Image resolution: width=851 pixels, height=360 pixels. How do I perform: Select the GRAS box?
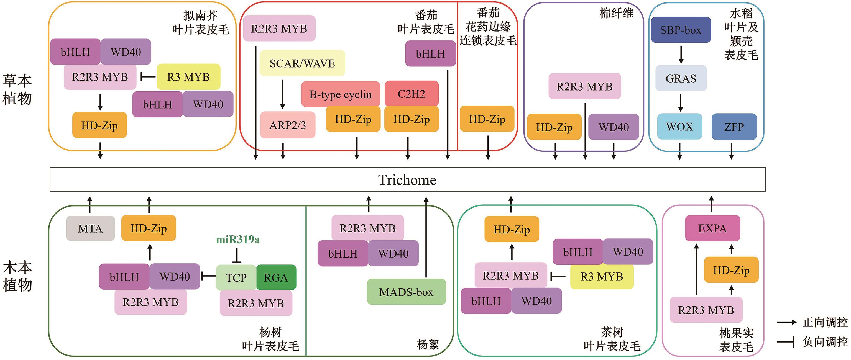click(681, 78)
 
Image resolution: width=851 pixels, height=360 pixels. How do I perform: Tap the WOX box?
click(679, 127)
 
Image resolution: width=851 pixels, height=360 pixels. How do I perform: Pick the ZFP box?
click(734, 127)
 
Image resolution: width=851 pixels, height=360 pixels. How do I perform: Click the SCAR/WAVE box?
click(302, 63)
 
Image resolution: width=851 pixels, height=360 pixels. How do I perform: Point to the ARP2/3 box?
click(287, 125)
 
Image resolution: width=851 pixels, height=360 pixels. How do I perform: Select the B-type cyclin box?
click(340, 94)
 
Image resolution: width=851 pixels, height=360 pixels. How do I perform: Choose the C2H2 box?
click(411, 94)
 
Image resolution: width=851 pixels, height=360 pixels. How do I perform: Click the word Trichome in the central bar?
click(407, 180)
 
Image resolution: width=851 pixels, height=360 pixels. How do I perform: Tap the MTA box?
click(90, 228)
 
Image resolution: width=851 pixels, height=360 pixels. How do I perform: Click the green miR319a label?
click(238, 240)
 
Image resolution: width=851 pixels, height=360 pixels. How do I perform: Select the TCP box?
click(236, 277)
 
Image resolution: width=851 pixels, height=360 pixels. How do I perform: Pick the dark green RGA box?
click(276, 277)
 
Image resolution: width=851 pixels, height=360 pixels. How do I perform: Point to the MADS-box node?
click(406, 292)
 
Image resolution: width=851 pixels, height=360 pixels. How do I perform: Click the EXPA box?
click(712, 228)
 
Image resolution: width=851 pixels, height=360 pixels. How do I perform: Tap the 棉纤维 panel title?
click(617, 13)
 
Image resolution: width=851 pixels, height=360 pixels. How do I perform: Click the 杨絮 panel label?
click(428, 344)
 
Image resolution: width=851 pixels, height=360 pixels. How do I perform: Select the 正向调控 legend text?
click(825, 322)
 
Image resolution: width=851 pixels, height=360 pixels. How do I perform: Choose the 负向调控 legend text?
click(825, 341)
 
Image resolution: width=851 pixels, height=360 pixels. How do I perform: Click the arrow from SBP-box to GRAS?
click(681, 55)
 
